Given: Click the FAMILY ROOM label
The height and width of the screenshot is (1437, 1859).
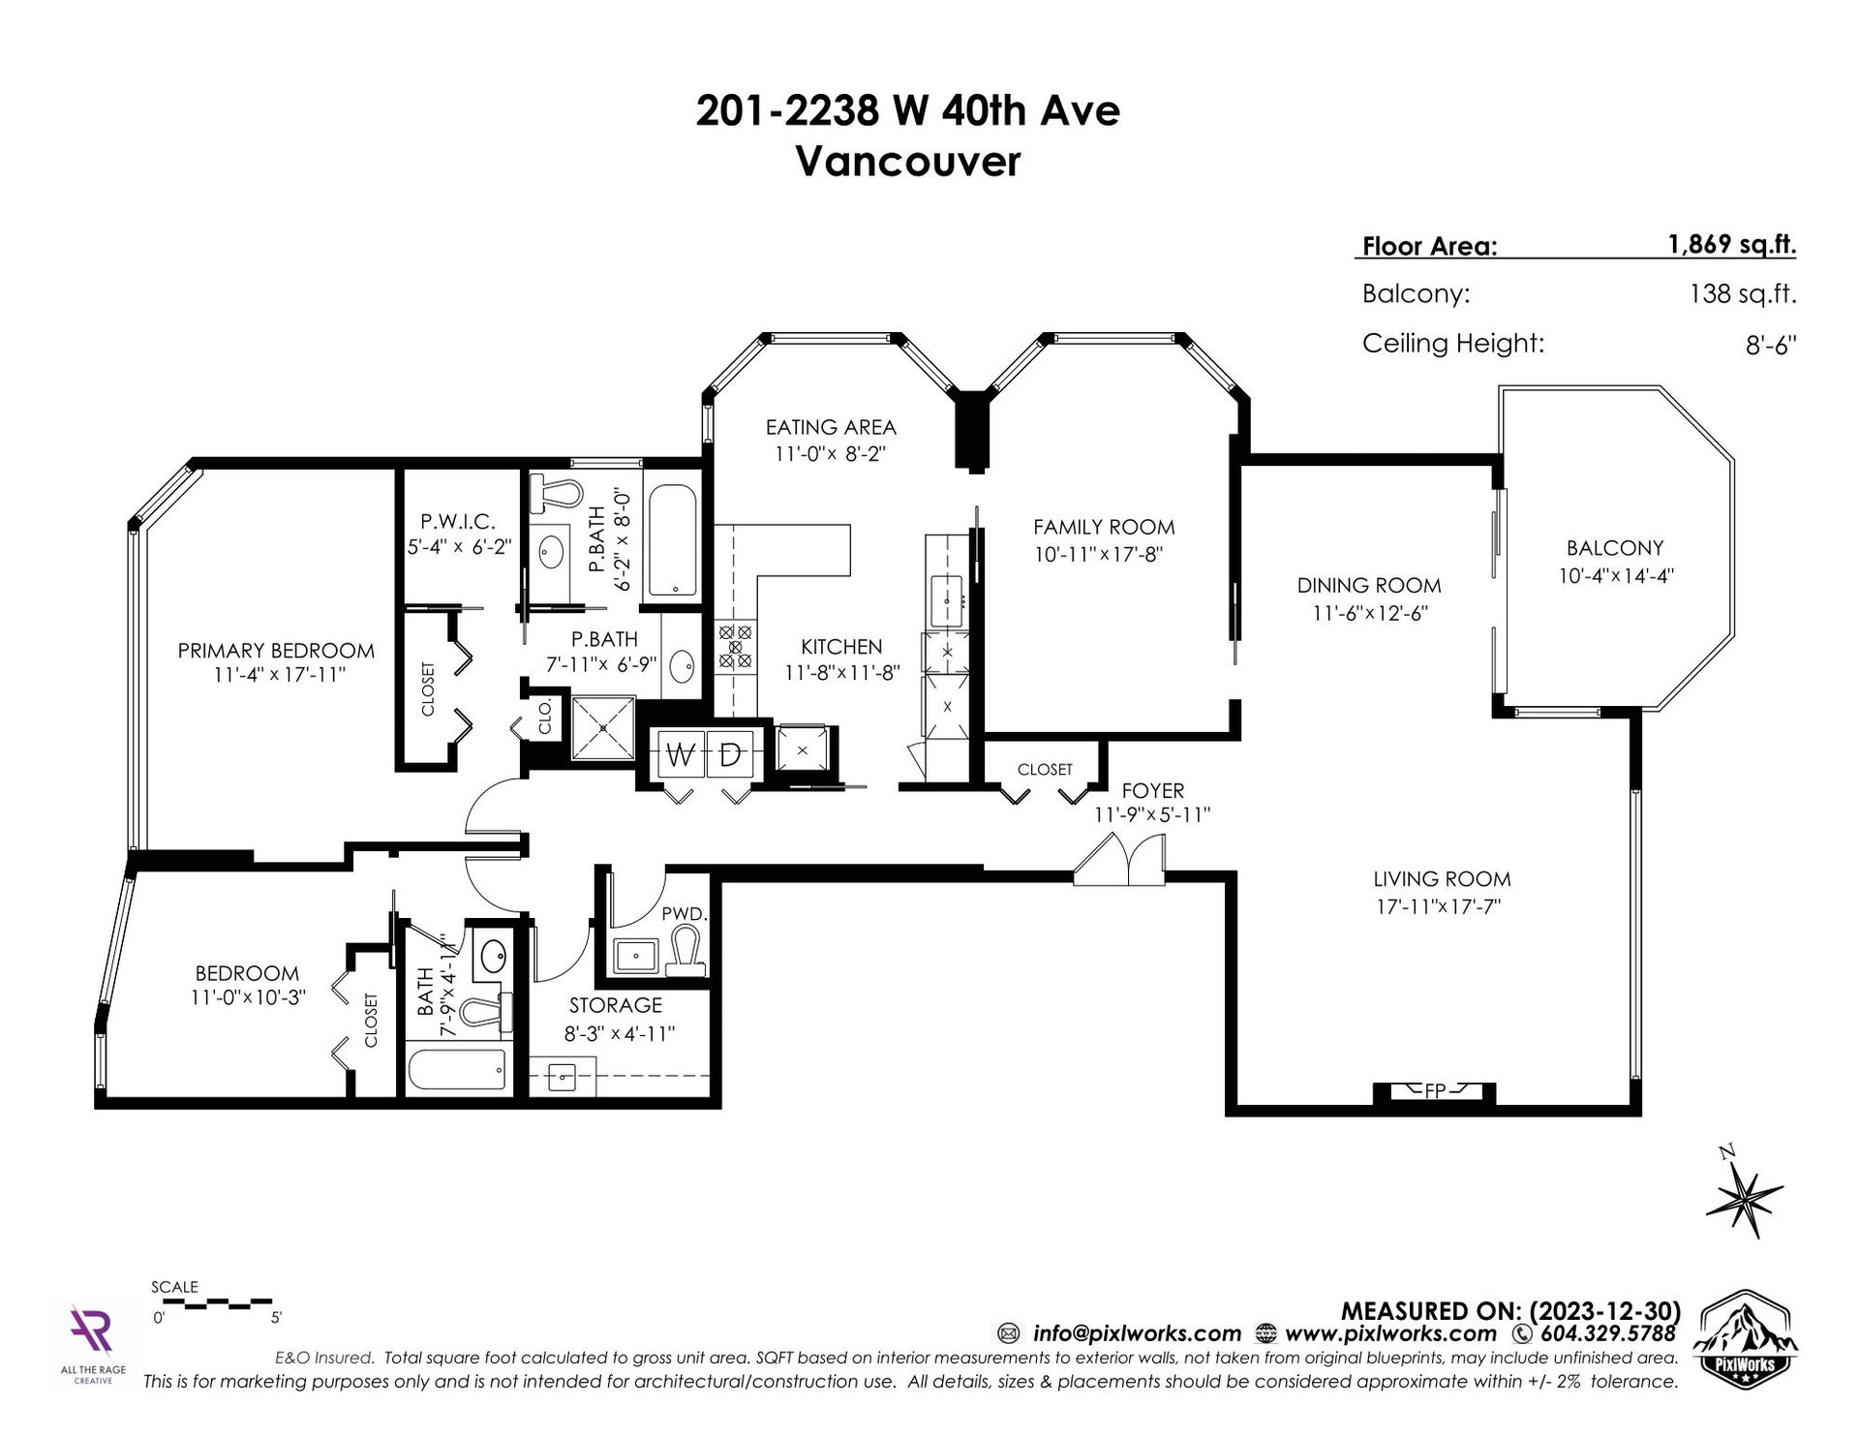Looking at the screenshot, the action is point(1104,528).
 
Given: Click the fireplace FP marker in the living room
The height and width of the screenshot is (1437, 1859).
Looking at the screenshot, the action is point(1435,1090).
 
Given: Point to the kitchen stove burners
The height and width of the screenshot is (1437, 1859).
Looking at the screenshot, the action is point(734,646).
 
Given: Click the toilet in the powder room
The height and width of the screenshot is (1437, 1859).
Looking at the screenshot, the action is point(686,950).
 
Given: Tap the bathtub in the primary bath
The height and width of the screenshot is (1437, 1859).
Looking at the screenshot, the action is point(670,540).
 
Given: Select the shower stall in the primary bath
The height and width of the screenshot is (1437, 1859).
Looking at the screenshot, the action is point(602,726).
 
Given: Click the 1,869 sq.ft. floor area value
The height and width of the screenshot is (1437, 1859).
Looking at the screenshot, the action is point(1731,244).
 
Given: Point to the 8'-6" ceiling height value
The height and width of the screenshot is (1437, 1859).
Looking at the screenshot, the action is point(1771,345).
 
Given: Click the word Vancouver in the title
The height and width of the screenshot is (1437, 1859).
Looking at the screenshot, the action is point(908,162).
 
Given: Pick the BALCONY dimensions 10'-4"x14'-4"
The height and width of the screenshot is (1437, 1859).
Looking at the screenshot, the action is point(1616,575).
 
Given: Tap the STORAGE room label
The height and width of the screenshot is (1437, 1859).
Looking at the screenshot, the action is point(616,1006).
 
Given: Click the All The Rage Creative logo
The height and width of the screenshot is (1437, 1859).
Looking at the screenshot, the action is point(93,1343).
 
